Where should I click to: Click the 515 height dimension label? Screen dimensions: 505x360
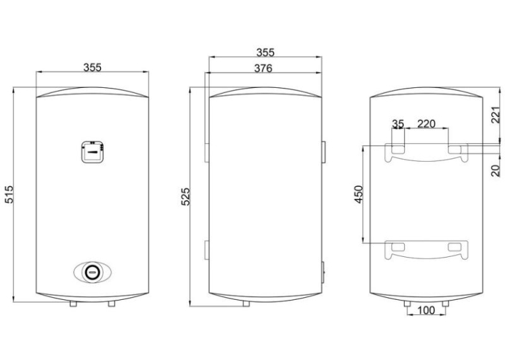tap(10, 194)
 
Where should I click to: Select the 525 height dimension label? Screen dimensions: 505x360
tap(186, 196)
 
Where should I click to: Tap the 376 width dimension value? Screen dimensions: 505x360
tap(263, 68)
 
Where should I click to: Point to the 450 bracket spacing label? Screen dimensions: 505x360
tap(358, 194)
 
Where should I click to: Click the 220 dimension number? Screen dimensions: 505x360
tap(426, 124)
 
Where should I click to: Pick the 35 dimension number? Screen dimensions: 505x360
tap(398, 124)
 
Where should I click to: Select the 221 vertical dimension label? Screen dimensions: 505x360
tap(496, 115)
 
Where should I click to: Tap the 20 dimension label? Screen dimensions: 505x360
tap(496, 170)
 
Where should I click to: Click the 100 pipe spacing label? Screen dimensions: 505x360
tap(426, 310)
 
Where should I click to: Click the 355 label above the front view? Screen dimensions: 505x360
tap(92, 67)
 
